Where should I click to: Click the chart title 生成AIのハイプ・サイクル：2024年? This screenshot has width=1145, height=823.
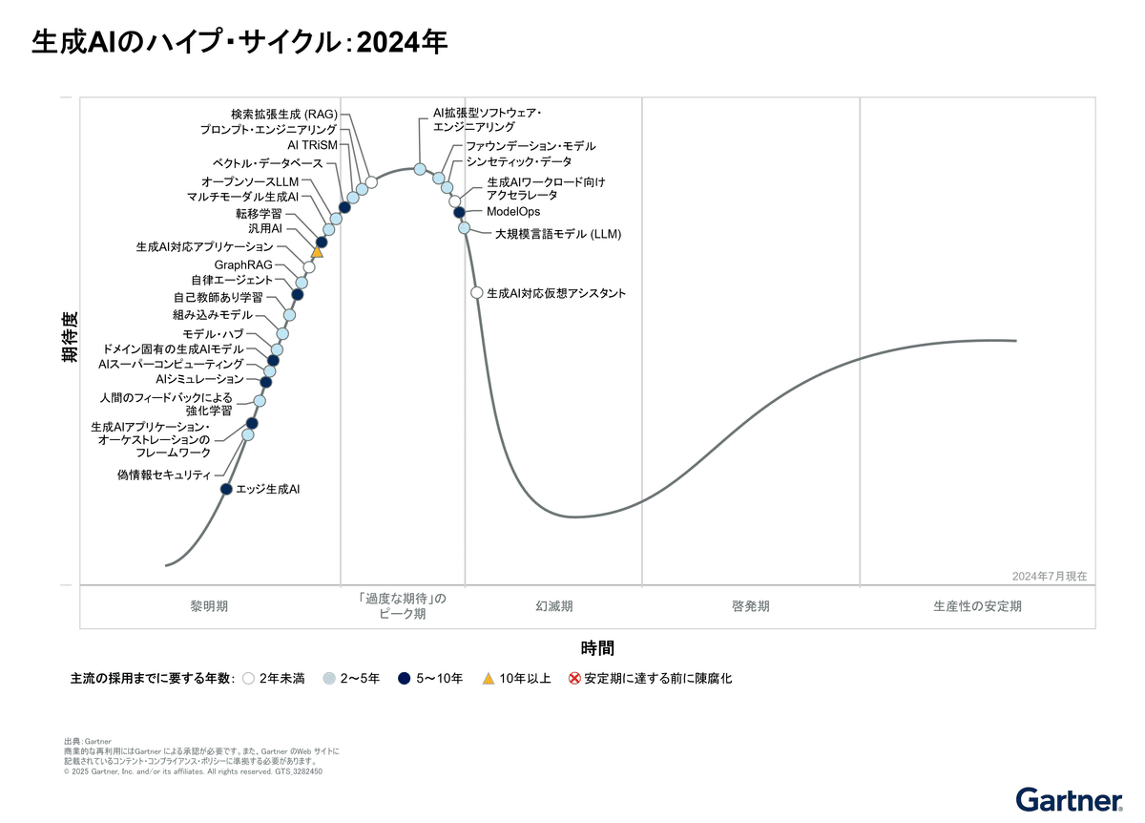[239, 43]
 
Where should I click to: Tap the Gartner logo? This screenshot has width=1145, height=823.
[1068, 799]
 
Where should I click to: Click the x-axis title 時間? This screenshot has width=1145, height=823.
[597, 648]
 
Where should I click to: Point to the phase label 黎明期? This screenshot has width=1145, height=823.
[209, 606]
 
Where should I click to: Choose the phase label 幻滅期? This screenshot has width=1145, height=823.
[553, 606]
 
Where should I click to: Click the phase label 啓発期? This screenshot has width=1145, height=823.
[751, 606]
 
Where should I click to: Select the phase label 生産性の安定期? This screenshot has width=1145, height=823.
[977, 606]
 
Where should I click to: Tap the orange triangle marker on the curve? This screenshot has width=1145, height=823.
[318, 252]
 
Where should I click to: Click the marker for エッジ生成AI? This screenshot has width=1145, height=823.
[226, 489]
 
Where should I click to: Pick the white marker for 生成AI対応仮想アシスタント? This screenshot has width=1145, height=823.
[477, 292]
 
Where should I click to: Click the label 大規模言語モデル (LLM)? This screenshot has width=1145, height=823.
[558, 234]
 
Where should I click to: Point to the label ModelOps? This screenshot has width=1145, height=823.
[512, 212]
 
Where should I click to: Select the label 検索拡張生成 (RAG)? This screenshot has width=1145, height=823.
[284, 115]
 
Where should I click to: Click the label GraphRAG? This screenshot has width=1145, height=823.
[243, 264]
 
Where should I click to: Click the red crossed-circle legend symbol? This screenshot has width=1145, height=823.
[574, 679]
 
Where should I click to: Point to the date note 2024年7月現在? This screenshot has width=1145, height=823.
[1049, 576]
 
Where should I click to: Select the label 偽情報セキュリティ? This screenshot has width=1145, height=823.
[163, 475]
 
